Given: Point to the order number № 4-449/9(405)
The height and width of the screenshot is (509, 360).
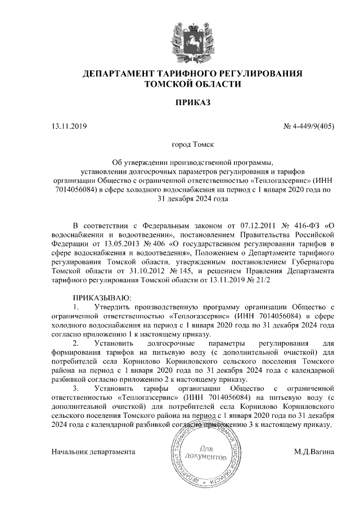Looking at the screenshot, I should point(308,126).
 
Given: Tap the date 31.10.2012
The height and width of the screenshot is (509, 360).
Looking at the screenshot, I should point(124,271).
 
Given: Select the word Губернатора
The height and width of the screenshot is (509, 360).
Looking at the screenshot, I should point(313,262).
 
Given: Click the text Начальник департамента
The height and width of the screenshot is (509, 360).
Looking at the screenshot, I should point(93,452).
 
